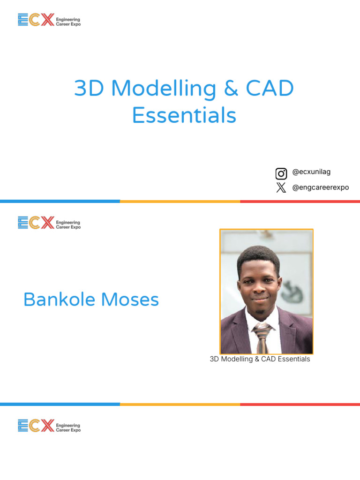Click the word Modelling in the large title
tap(164, 89)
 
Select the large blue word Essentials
tap(184, 115)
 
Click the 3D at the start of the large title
tap(90, 89)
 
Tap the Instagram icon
tap(281, 174)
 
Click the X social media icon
tap(281, 188)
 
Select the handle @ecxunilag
tap(311, 172)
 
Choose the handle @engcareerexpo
tap(321, 187)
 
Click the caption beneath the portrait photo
tap(260, 359)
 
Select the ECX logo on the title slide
tap(49, 20)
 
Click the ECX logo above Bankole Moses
tap(49, 223)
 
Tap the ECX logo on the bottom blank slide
tap(49, 426)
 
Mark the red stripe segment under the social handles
tap(300, 201)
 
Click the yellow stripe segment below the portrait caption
tap(180, 404)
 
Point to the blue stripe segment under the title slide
tap(60, 201)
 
